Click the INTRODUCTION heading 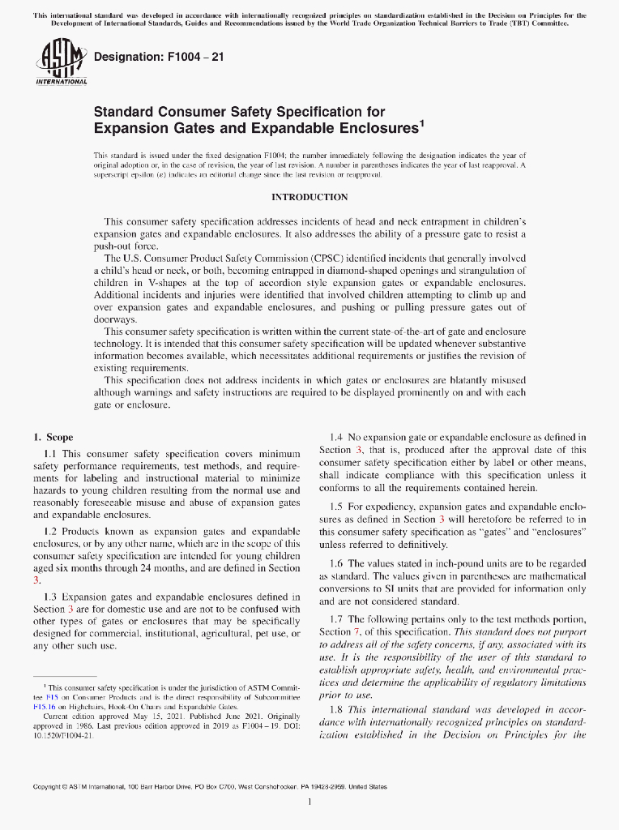[309, 197]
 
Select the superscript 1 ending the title [421, 124]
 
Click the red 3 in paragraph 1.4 [359, 450]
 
